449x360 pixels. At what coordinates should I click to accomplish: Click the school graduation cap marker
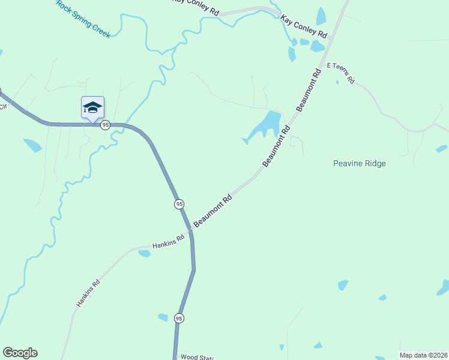92,107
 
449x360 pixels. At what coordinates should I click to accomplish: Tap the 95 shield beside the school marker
106,125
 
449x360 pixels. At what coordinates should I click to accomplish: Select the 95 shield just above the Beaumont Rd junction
179,205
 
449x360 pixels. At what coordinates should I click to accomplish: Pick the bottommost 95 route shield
179,318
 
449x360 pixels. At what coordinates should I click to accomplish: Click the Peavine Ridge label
360,163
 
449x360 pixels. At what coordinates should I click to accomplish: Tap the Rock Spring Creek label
83,19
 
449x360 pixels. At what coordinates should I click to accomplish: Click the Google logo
20,353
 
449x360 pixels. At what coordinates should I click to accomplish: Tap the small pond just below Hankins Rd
145,254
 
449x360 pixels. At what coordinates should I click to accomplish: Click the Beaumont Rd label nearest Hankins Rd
212,211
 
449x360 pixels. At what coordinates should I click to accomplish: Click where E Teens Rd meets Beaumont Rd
325,64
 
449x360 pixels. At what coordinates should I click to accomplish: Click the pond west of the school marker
32,145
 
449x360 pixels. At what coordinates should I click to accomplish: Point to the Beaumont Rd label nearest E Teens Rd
309,90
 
